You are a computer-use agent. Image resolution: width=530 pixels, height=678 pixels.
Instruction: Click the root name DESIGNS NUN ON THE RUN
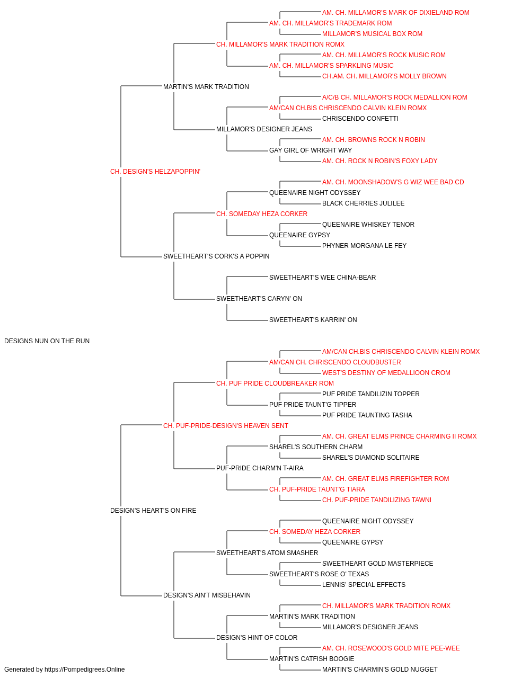[47, 341]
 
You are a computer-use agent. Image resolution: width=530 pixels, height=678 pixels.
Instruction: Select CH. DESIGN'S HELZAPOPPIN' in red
[155, 172]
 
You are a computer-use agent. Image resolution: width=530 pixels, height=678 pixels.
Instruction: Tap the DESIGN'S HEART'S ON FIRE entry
[153, 511]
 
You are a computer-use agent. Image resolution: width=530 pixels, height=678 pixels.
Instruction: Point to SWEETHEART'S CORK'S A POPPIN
[216, 256]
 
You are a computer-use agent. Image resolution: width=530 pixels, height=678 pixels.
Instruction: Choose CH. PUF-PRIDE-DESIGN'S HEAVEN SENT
[226, 426]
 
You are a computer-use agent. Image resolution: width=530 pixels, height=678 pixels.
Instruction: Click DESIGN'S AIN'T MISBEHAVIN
[207, 595]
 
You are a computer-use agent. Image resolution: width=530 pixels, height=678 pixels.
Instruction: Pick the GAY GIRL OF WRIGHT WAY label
[311, 150]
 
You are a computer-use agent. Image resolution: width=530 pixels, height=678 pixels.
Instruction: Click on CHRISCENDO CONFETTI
[360, 119]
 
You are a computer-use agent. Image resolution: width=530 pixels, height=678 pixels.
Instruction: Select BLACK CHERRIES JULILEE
[364, 203]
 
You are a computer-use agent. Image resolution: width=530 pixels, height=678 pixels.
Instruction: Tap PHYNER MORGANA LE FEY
[364, 246]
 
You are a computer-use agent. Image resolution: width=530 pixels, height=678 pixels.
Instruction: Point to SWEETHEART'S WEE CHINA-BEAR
[322, 278]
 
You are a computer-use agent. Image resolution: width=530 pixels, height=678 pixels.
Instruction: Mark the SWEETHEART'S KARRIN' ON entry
[313, 320]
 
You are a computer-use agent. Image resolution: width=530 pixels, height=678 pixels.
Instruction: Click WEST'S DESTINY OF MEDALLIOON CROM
[386, 373]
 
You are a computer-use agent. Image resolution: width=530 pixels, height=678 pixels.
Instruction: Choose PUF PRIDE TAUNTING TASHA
[367, 415]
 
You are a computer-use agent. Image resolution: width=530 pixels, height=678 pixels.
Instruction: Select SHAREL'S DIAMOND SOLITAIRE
[371, 458]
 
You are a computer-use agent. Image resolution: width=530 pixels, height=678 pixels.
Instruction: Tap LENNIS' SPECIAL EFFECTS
[364, 585]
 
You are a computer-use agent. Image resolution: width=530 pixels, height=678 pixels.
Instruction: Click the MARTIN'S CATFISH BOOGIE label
[312, 659]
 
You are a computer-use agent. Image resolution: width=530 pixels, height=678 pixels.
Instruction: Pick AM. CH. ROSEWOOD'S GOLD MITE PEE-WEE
[391, 648]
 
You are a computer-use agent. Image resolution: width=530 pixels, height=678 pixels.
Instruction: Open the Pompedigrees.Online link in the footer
[85, 670]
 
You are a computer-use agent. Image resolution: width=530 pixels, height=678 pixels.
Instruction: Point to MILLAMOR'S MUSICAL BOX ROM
[372, 34]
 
